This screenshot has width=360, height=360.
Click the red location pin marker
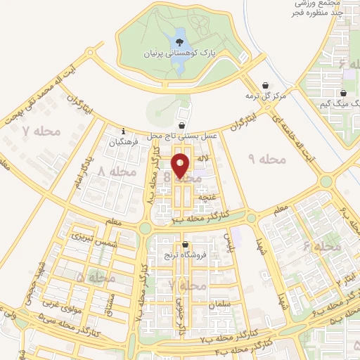(x=181, y=166)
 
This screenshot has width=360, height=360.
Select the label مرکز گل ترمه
(x=269, y=96)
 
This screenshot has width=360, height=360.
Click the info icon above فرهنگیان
(x=124, y=130)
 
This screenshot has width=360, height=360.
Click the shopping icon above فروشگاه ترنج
(x=185, y=245)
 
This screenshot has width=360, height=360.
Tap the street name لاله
(x=203, y=160)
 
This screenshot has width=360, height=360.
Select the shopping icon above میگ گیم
(x=343, y=93)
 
